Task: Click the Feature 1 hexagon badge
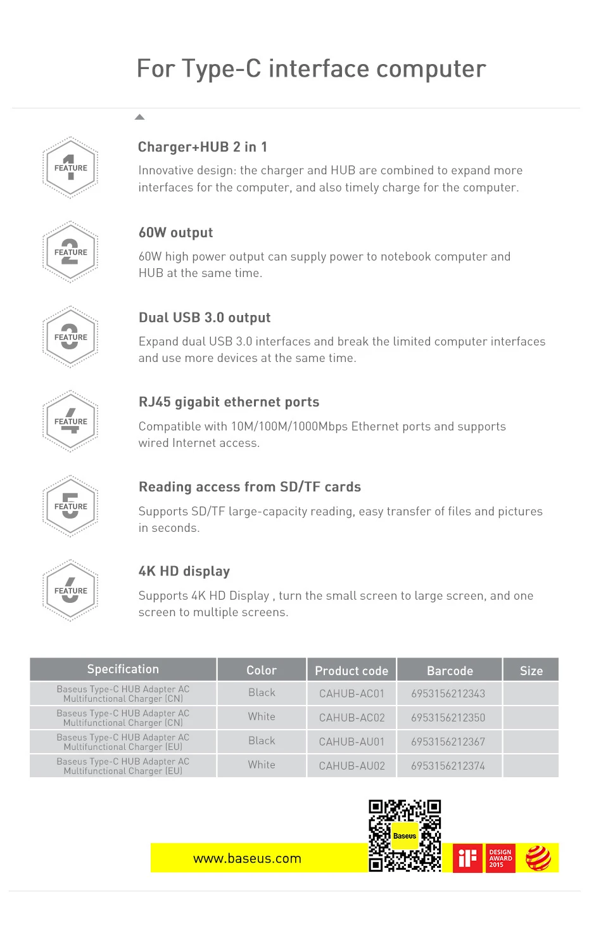click(70, 168)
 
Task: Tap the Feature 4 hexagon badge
click(70, 422)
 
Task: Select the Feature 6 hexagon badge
click(70, 591)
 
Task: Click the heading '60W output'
click(176, 233)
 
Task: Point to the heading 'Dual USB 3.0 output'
click(205, 318)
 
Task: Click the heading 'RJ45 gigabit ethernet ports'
click(229, 402)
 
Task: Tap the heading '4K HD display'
click(184, 571)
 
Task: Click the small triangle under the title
click(140, 117)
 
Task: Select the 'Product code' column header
click(351, 670)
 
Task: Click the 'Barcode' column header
click(450, 670)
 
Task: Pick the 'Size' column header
click(531, 670)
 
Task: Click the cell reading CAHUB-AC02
click(351, 718)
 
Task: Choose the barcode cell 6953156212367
click(448, 742)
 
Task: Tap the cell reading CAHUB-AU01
click(351, 742)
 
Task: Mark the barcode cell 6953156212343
click(448, 694)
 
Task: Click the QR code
click(405, 836)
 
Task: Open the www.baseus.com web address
click(247, 858)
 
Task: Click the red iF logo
click(467, 858)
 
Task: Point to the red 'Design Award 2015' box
click(500, 858)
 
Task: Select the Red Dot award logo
click(538, 858)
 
